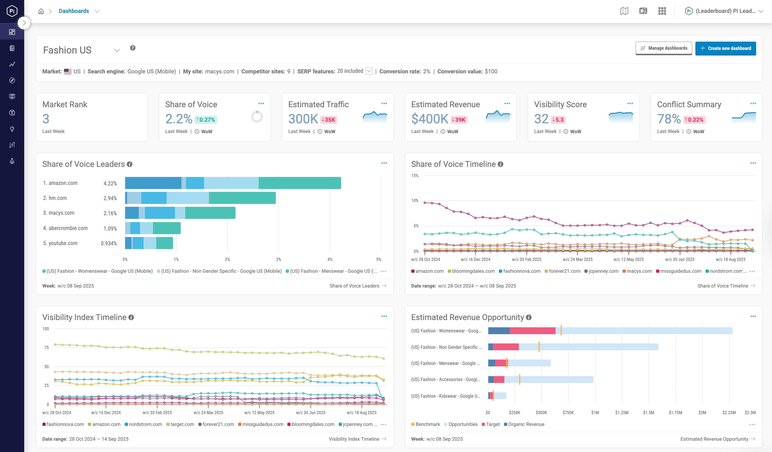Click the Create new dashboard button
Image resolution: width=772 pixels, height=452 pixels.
(725, 48)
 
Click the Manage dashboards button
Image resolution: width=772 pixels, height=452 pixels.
(664, 48)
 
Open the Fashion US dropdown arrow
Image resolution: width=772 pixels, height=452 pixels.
(117, 51)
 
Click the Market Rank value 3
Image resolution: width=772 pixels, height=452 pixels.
(46, 119)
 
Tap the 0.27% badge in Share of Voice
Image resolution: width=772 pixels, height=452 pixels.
(206, 120)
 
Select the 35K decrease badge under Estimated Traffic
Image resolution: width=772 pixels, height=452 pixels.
(328, 120)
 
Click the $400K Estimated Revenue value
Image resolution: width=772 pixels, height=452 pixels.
(430, 119)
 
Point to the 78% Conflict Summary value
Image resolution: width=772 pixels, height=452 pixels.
(669, 119)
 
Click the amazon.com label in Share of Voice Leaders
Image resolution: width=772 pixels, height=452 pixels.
(63, 183)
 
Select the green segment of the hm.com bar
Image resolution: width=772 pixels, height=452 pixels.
(242, 198)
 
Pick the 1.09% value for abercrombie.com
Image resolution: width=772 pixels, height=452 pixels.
(110, 228)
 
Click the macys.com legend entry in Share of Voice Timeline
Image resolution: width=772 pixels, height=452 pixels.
(639, 271)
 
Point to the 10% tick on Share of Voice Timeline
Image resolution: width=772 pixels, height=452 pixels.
(414, 200)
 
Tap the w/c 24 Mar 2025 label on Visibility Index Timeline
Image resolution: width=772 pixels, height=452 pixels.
(208, 412)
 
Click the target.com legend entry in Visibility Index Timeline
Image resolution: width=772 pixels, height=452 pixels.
(182, 424)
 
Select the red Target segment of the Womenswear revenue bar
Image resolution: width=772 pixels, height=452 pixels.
(532, 331)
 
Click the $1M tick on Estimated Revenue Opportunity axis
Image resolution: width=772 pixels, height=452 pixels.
(595, 412)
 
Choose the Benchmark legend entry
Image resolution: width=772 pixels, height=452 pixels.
(427, 424)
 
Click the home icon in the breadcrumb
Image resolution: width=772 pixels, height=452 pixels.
(41, 11)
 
